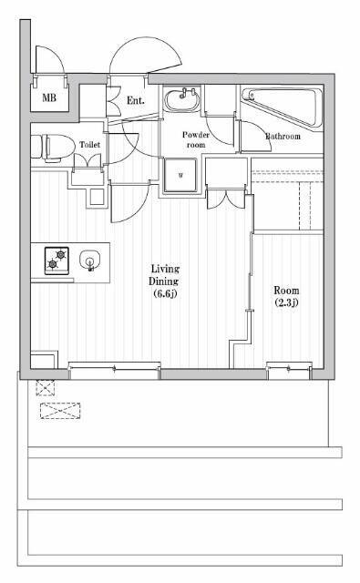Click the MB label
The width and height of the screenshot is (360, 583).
pos(49,97)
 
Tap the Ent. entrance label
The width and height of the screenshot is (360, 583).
pos(136,100)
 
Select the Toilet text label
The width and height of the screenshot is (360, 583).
pos(89,144)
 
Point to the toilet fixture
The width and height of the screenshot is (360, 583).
pos(52,148)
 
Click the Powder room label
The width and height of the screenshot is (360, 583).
pos(196,139)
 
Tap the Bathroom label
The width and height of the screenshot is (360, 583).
pos(283,136)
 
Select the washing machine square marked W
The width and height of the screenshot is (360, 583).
pos(180,175)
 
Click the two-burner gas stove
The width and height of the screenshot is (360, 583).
pos(57,261)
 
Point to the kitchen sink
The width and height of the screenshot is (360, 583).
pos(89,260)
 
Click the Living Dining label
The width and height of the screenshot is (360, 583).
pos(164,275)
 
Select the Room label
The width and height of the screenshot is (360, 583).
pos(286,290)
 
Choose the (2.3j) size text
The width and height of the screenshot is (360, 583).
pos(286,302)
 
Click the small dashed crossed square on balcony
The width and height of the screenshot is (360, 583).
pos(46,388)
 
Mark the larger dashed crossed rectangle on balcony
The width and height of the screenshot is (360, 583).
pos(60,411)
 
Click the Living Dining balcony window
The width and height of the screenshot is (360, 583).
pos(115,370)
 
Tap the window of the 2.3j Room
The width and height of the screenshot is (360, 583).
pos(289,370)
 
